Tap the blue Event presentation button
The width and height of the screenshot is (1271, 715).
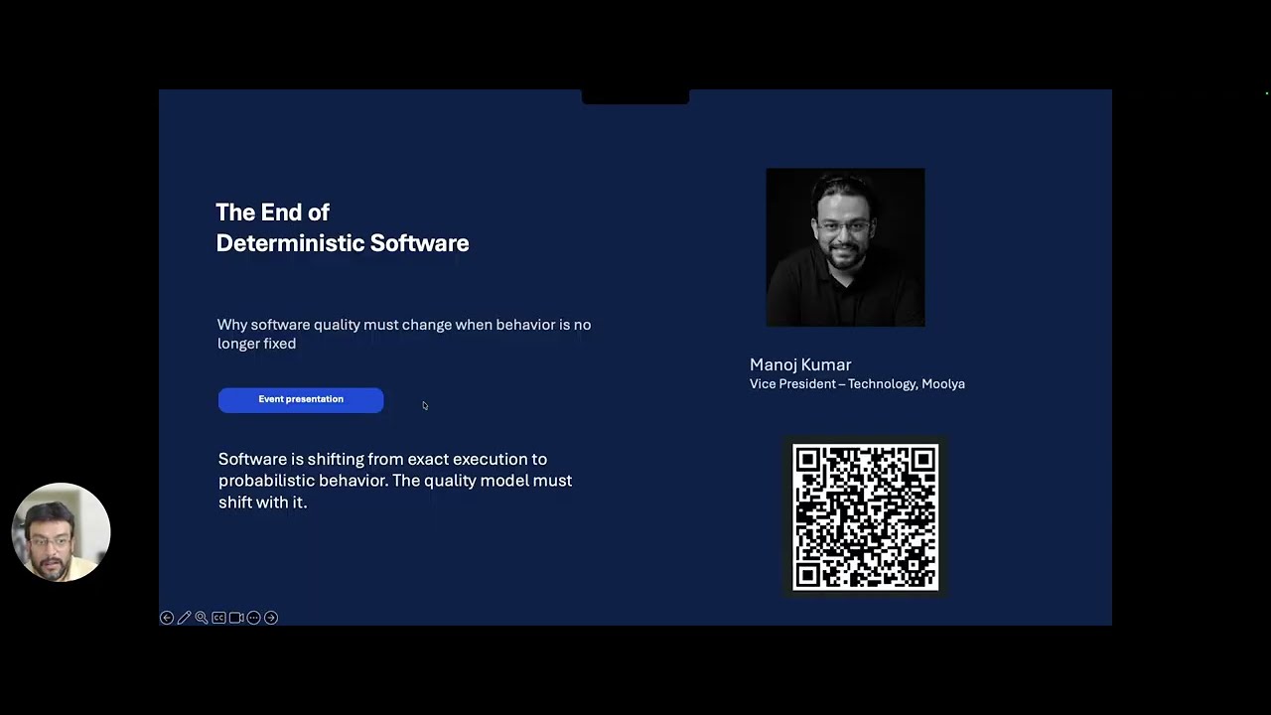click(301, 399)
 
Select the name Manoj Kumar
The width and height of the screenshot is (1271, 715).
click(800, 364)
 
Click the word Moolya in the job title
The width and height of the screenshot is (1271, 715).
click(942, 384)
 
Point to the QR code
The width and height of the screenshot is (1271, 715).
click(865, 516)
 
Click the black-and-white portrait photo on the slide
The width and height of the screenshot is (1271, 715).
click(845, 247)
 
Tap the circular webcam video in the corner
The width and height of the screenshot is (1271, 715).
click(61, 532)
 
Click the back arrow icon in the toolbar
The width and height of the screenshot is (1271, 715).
click(167, 618)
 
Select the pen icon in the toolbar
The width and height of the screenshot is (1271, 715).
click(184, 618)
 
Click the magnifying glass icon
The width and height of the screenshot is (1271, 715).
click(202, 618)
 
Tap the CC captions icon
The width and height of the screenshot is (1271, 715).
click(218, 618)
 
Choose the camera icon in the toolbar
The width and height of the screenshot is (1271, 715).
click(236, 618)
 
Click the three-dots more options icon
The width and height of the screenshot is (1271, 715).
click(253, 618)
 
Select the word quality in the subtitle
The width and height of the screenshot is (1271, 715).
click(337, 325)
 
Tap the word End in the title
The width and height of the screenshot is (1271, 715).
click(280, 213)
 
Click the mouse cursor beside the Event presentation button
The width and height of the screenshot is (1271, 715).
click(425, 405)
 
